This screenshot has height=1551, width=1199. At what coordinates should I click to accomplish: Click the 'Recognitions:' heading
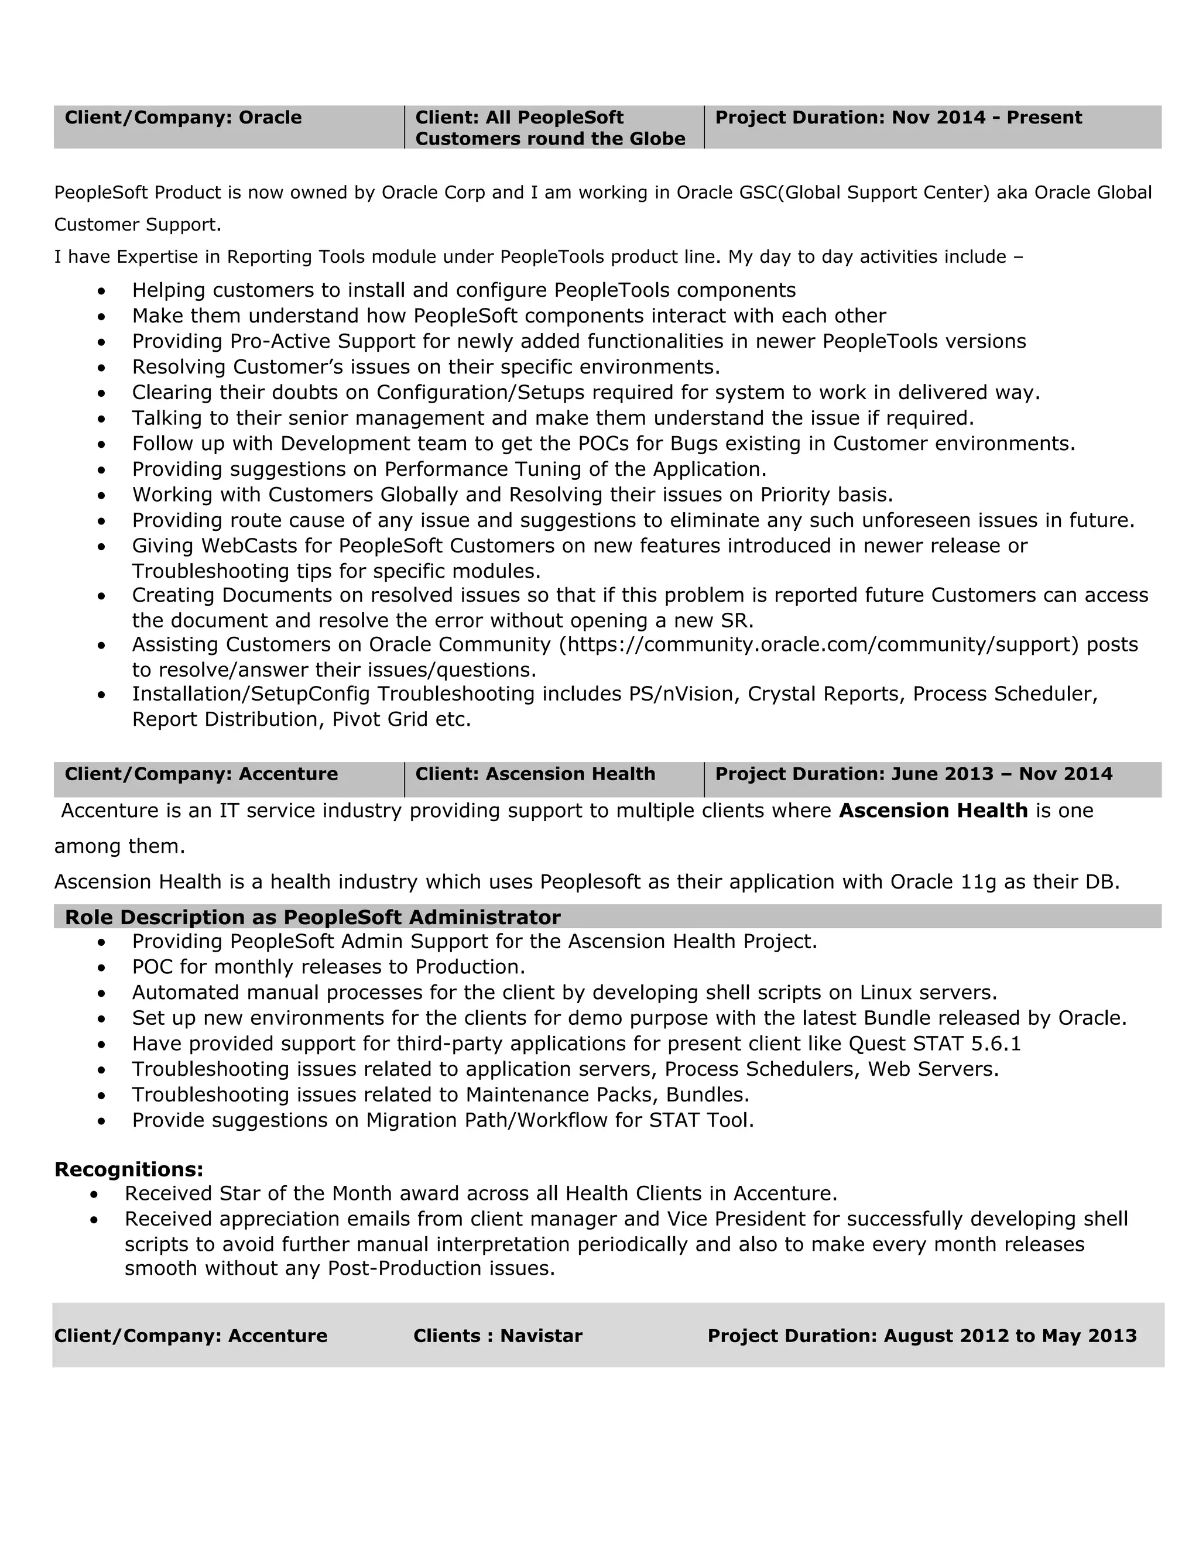(129, 1169)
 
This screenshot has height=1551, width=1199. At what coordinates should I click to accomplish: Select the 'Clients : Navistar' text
(497, 1336)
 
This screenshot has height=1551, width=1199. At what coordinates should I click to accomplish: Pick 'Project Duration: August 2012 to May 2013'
(921, 1336)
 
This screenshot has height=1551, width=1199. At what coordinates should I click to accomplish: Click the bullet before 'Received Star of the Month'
(94, 1195)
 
